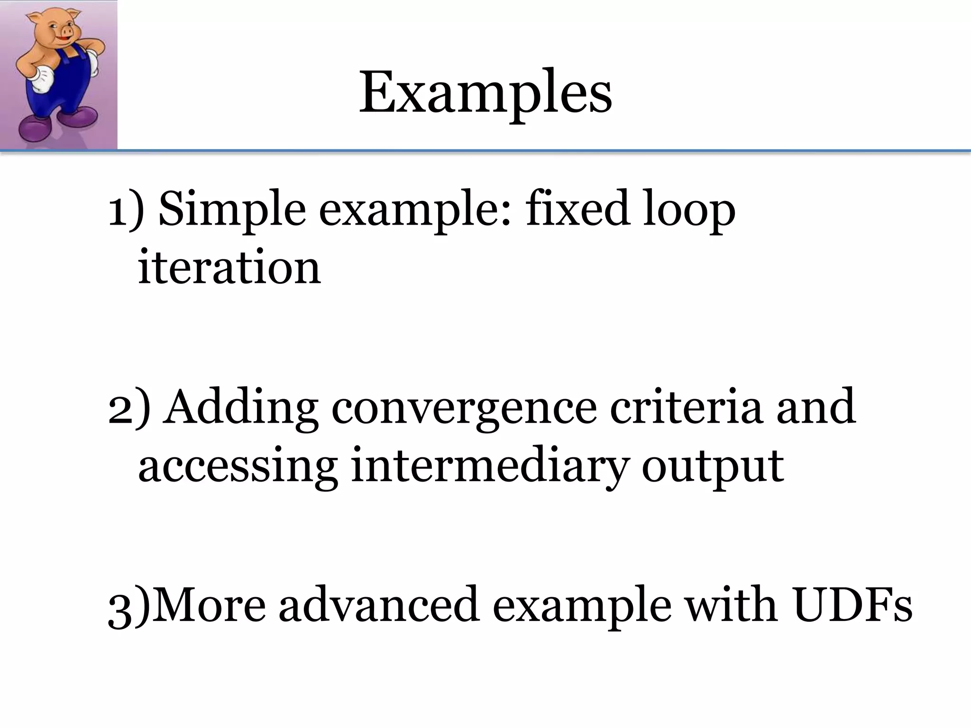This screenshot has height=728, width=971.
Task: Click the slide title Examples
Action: [485, 93]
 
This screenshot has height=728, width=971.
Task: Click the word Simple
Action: [232, 210]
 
